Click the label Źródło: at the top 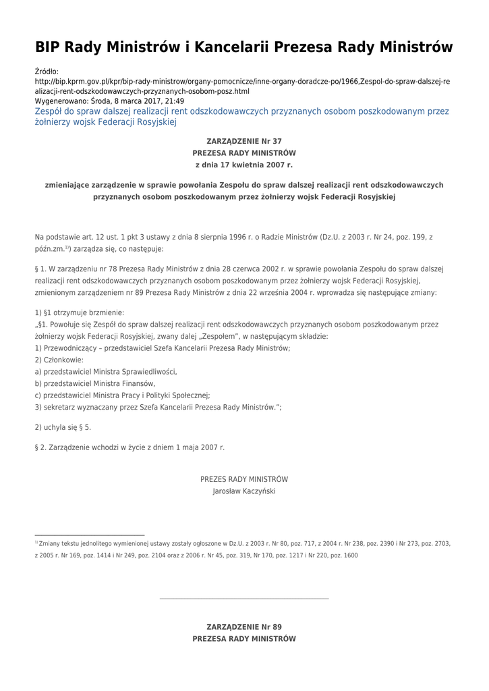[47, 71]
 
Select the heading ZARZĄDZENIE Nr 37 [243, 141]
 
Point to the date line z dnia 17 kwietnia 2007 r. [243, 164]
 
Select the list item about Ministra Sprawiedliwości [106, 371]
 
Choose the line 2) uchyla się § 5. [63, 427]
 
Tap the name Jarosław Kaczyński [243, 491]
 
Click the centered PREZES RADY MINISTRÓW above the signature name [243, 479]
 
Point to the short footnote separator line [90, 535]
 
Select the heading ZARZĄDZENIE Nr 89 [243, 627]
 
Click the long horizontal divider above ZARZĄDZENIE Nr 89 [243, 599]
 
